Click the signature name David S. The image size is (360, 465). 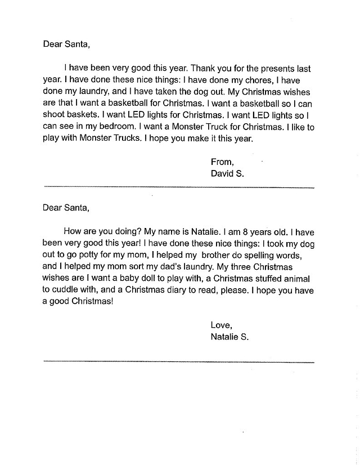(227, 174)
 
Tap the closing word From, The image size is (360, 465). (222, 162)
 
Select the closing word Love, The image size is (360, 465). (221, 325)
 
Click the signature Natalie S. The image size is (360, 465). (229, 337)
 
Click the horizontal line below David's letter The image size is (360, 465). (178, 187)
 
